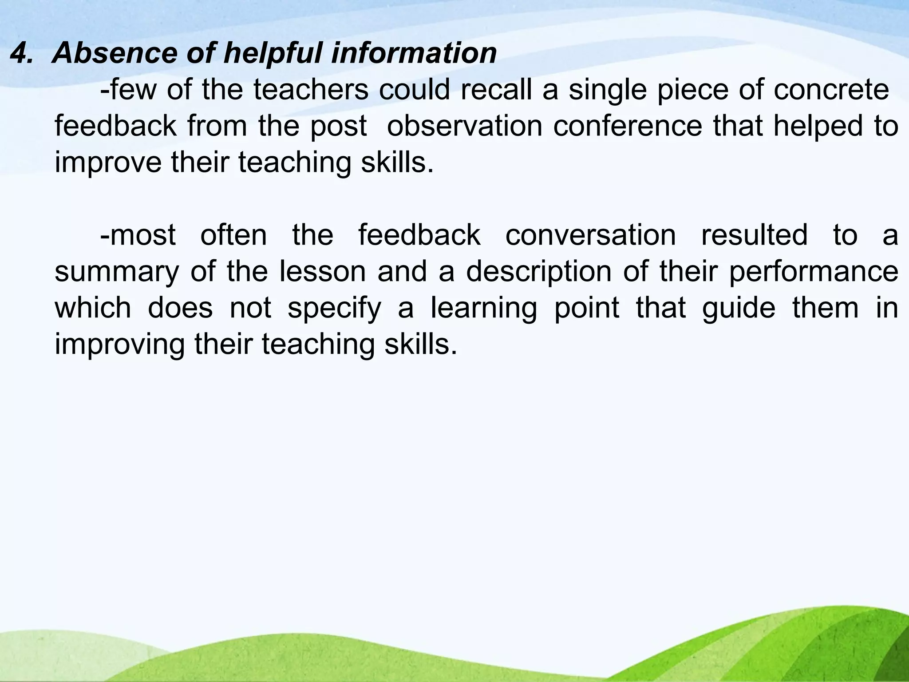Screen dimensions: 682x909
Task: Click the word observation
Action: (464, 126)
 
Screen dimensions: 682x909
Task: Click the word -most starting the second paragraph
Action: (138, 235)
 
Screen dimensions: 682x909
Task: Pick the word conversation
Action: (590, 235)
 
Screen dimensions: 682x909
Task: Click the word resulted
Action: (754, 235)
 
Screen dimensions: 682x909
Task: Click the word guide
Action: (739, 308)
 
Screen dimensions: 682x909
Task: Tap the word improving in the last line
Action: (119, 345)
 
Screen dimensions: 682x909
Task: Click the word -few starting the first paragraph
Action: (128, 90)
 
